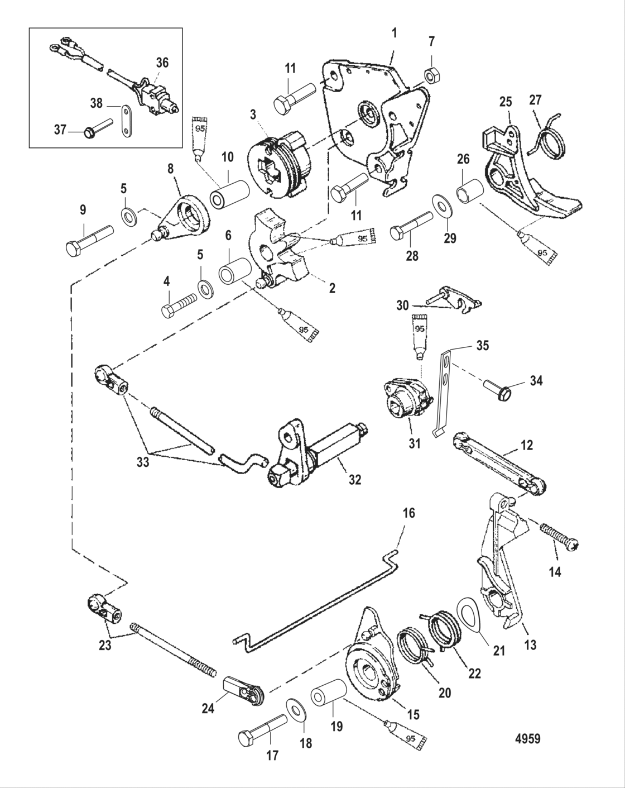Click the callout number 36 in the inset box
[162, 63]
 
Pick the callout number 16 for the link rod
[408, 513]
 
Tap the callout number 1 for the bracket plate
[395, 33]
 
